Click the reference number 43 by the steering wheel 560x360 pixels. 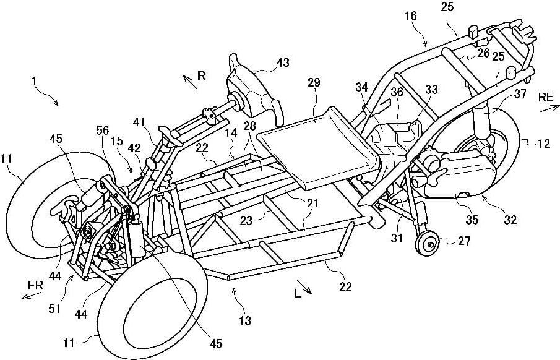click(283, 63)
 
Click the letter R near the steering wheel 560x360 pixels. click(201, 75)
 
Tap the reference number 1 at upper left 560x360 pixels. click(37, 81)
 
